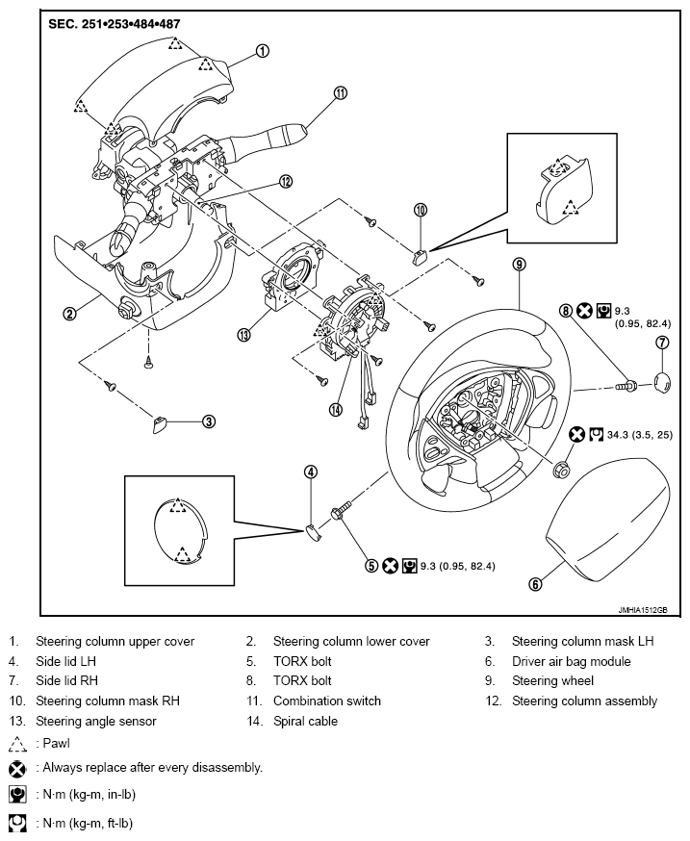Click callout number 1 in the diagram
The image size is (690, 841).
point(262,51)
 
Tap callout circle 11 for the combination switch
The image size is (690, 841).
point(341,93)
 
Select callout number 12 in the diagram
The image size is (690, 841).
point(286,181)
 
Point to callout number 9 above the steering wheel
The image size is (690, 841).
point(519,264)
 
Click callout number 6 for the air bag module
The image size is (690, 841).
point(535,584)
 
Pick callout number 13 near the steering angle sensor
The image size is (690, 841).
point(244,335)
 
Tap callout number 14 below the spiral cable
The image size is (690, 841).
point(336,410)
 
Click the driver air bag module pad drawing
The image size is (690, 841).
point(608,520)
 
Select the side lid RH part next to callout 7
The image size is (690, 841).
point(662,382)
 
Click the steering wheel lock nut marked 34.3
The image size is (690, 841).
point(561,469)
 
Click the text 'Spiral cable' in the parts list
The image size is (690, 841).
point(305,722)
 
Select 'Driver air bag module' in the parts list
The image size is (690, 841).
point(571,661)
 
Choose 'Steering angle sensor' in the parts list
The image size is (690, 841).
point(96,722)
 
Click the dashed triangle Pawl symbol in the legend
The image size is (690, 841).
point(17,745)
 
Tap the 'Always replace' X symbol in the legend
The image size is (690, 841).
point(17,770)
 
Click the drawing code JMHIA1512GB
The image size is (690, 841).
point(642,610)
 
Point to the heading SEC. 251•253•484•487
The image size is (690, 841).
point(114,24)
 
